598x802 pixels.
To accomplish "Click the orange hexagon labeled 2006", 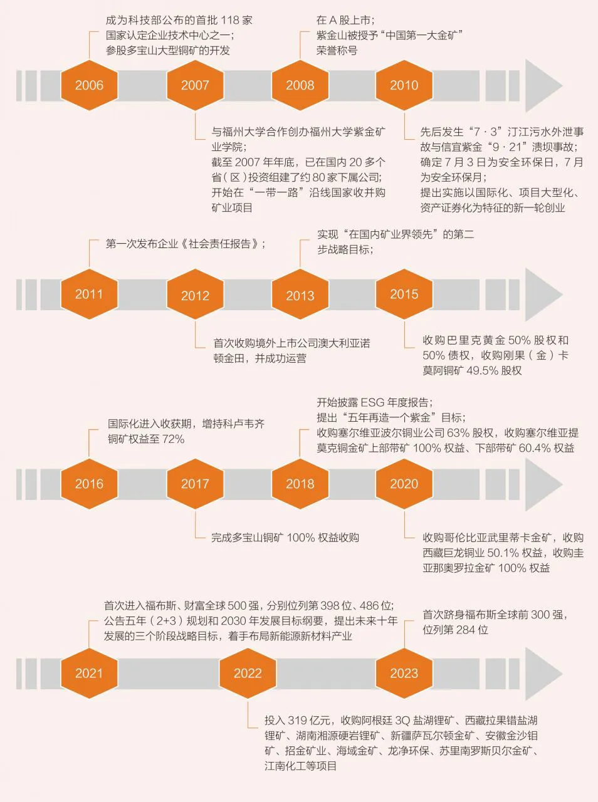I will click(x=89, y=85).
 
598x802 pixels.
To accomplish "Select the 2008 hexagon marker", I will click(x=300, y=85).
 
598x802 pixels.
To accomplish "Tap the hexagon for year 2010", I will click(x=404, y=85).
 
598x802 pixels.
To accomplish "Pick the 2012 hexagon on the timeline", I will click(x=195, y=295).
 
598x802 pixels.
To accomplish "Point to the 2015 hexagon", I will click(x=404, y=294).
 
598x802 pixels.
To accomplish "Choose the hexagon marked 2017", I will click(x=195, y=484).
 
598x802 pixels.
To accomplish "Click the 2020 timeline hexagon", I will click(x=404, y=484).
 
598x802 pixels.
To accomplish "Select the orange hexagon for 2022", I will click(x=248, y=673).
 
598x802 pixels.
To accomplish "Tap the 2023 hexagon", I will click(x=404, y=673).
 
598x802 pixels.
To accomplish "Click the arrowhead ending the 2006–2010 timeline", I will click(x=542, y=86).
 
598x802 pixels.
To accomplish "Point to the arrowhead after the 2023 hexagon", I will click(x=542, y=674).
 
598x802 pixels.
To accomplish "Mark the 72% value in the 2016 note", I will click(x=173, y=439).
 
